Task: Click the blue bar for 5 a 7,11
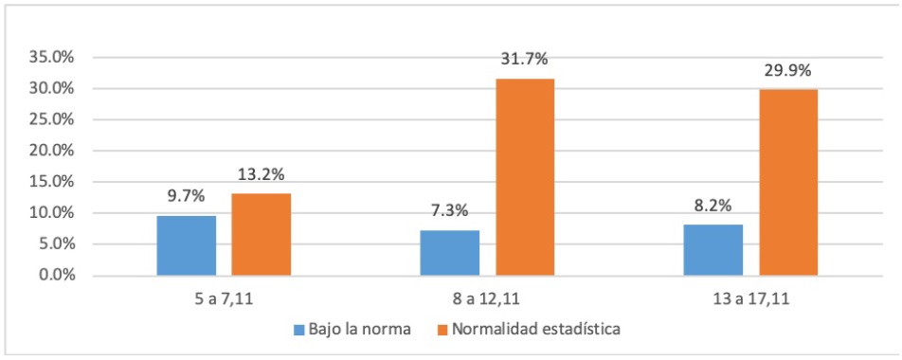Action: click(x=187, y=245)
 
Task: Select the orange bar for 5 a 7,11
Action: click(x=261, y=234)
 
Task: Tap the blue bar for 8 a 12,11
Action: click(x=450, y=253)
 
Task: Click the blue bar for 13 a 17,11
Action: click(x=713, y=250)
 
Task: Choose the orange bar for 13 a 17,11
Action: click(x=787, y=183)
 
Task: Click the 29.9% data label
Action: click(x=787, y=71)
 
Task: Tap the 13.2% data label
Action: click(x=261, y=174)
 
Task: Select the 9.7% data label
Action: click(x=187, y=196)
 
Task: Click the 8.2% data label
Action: click(x=713, y=206)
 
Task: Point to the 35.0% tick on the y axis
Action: click(x=49, y=57)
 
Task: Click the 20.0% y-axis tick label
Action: click(x=49, y=151)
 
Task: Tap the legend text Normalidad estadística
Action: click(x=535, y=330)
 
